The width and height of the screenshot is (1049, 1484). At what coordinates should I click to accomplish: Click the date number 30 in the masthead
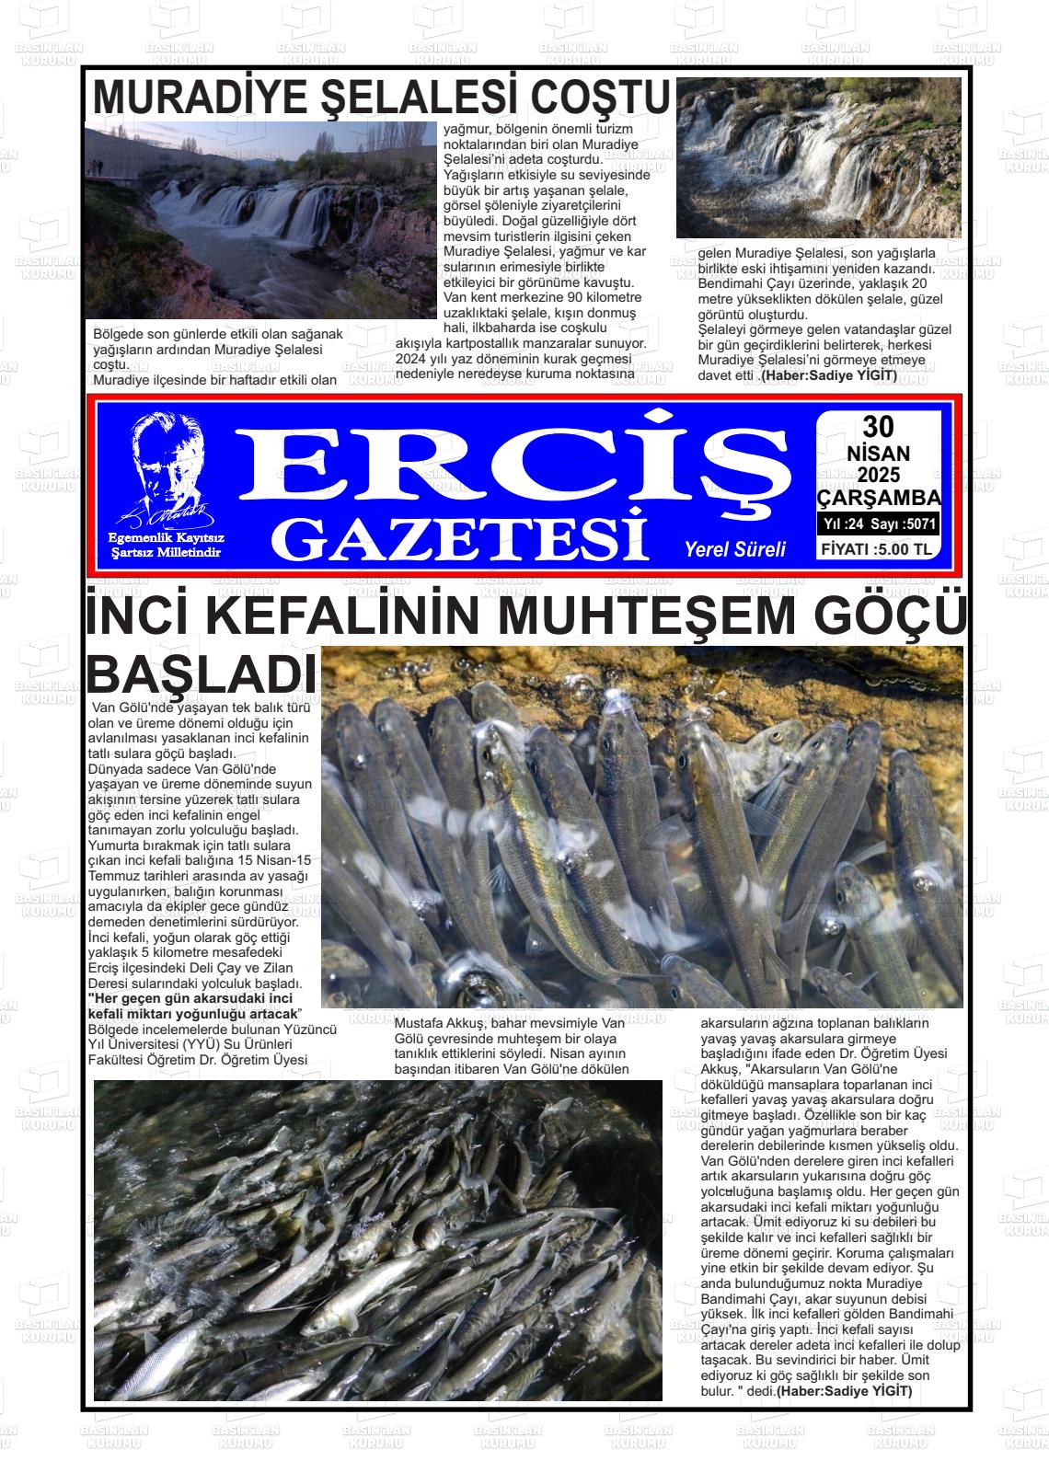[x=878, y=427]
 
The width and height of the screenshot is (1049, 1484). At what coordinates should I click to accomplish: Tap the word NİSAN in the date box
[x=878, y=454]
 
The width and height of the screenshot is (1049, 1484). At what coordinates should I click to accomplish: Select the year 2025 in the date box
[x=878, y=476]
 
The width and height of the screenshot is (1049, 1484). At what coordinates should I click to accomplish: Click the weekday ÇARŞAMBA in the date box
[x=878, y=498]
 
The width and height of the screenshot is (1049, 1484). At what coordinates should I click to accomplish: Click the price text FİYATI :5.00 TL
[x=878, y=550]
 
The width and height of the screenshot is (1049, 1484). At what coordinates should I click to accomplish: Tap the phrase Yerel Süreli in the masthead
[x=734, y=549]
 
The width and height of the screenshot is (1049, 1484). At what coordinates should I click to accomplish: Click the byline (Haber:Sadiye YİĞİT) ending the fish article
[x=845, y=1390]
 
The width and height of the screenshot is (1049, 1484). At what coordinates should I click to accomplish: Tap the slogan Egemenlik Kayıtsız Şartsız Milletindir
[x=167, y=545]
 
